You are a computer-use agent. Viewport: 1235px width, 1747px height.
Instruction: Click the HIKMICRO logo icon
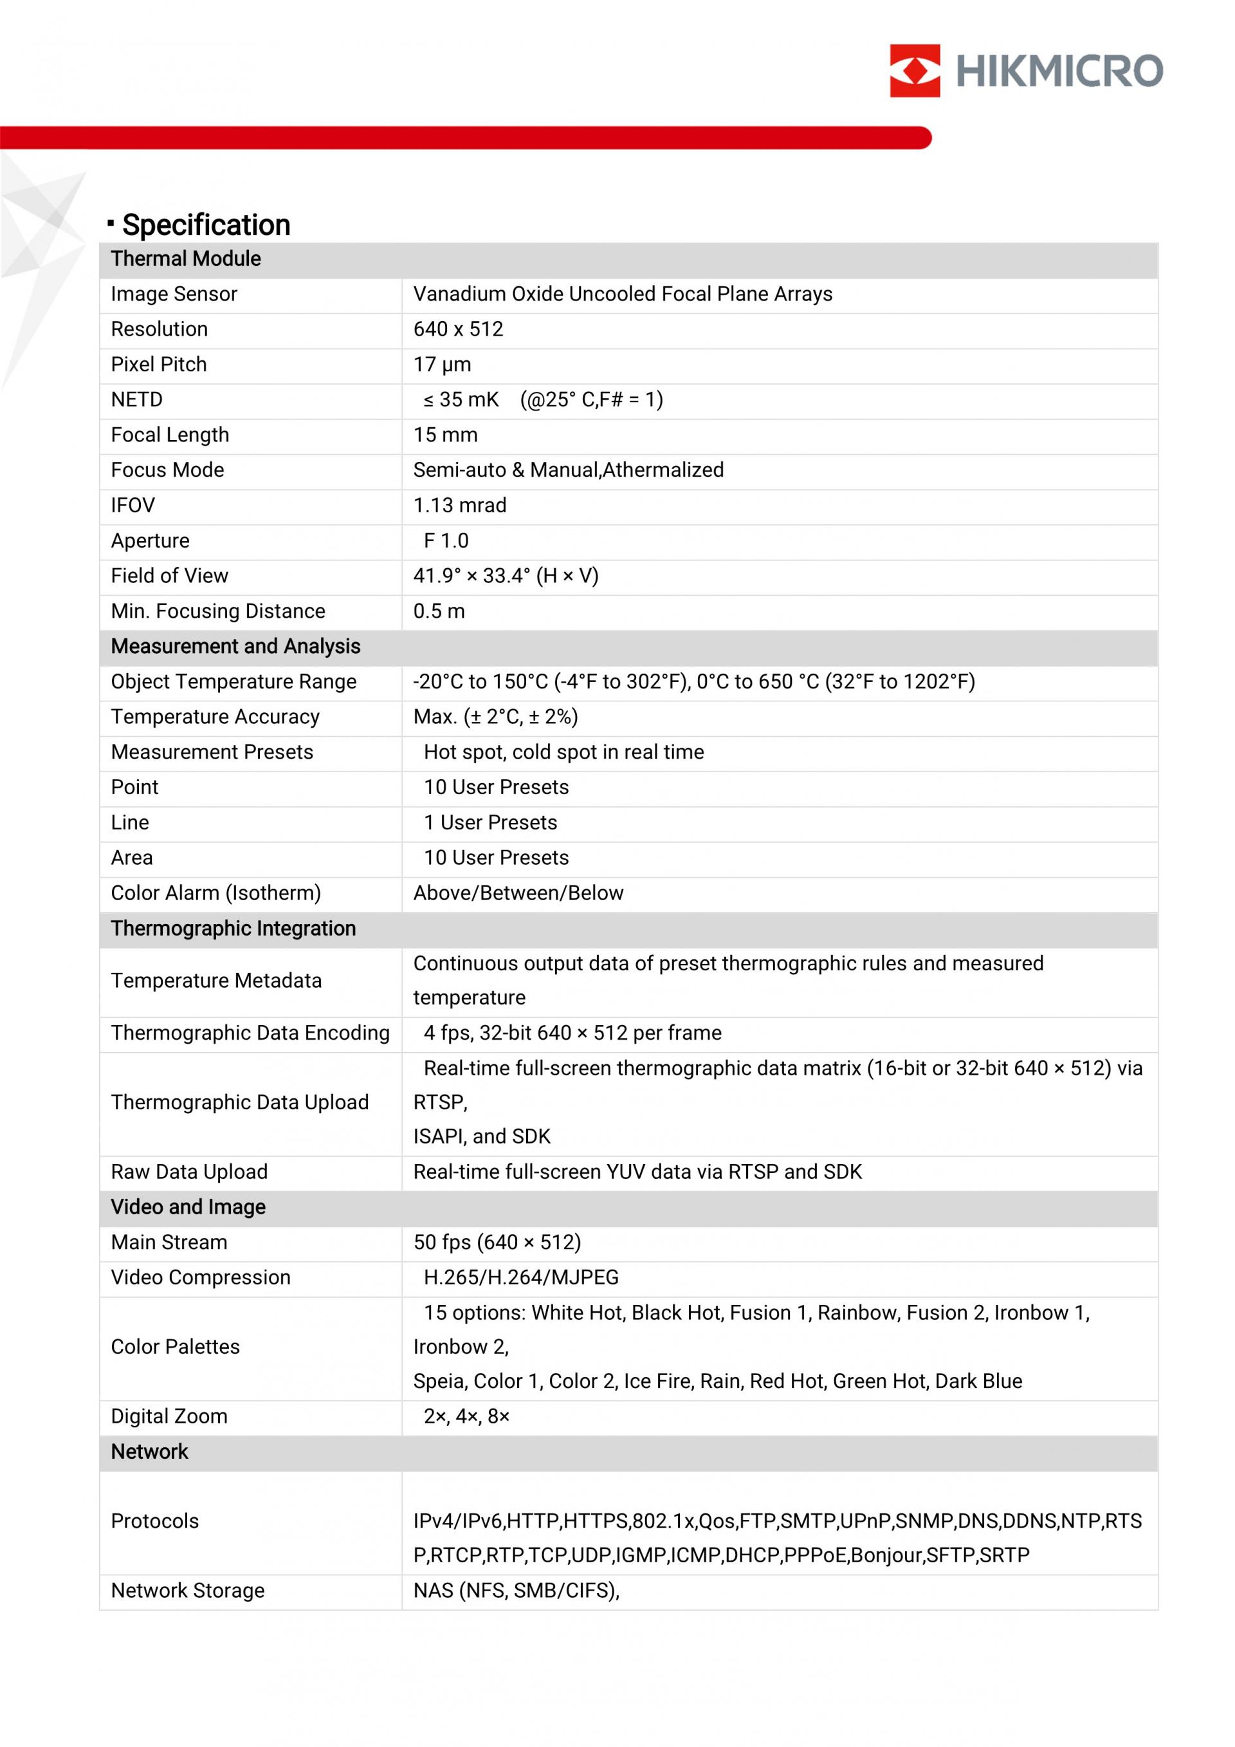(x=914, y=71)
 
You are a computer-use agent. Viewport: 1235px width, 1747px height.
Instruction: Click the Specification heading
(x=205, y=225)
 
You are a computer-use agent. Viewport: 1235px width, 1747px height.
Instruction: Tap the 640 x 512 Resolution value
(x=458, y=329)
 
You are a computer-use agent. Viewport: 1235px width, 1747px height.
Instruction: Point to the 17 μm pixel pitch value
(x=442, y=364)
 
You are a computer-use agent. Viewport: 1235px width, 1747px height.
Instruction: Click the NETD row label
(x=137, y=400)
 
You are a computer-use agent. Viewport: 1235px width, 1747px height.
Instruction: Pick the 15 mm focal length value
(x=445, y=434)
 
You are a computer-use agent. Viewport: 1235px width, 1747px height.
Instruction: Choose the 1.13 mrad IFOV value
(x=459, y=505)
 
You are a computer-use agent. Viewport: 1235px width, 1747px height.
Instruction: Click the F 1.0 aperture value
(x=446, y=541)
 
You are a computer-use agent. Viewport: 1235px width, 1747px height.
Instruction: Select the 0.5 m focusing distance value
(x=439, y=611)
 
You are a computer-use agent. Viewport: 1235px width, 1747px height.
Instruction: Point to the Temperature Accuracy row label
(x=215, y=717)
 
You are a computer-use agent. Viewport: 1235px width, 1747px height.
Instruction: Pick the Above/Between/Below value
(x=518, y=893)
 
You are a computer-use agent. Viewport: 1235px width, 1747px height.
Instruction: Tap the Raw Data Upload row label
(x=189, y=1172)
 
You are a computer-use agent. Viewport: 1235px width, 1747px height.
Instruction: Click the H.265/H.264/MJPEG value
(x=521, y=1277)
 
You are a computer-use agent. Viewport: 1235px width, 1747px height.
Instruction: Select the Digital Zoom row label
(x=169, y=1416)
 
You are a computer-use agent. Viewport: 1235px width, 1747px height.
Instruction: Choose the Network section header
(x=149, y=1451)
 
